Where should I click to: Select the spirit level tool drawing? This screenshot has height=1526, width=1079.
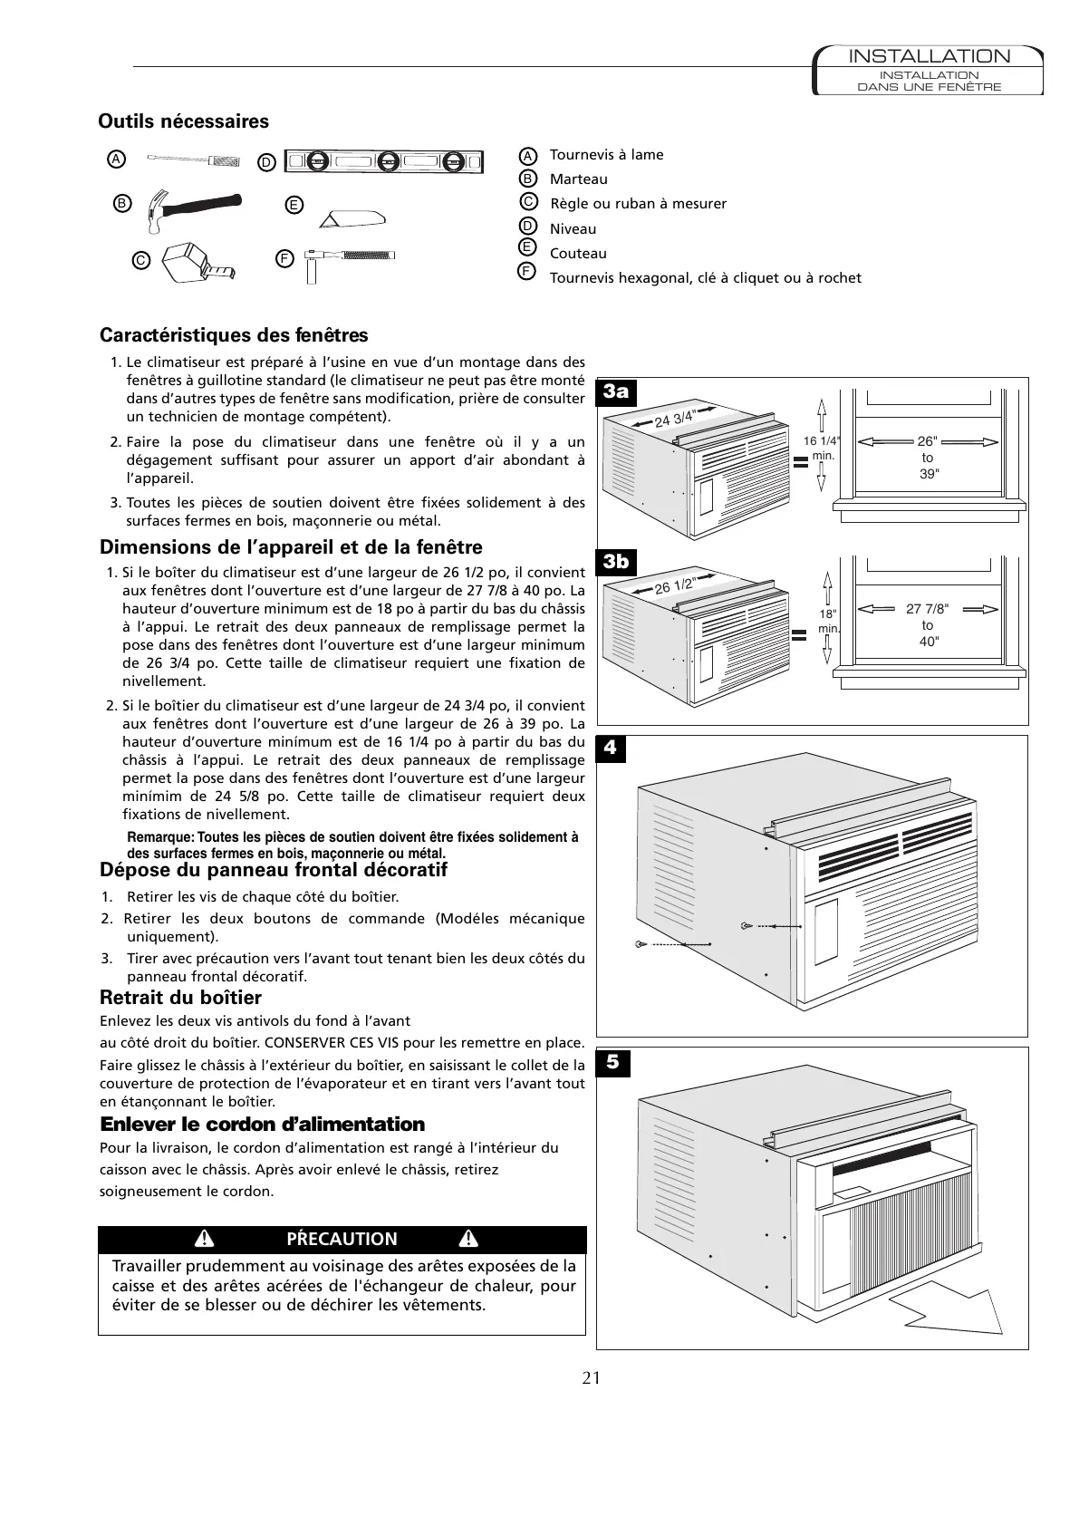385,161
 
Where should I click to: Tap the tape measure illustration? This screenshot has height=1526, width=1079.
197,263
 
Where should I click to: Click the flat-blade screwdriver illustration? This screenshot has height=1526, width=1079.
194,160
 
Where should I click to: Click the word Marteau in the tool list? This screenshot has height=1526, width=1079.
578,179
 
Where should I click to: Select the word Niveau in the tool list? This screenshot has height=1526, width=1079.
573,229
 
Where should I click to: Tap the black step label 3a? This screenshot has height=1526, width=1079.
616,391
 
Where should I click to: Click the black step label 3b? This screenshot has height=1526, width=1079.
616,562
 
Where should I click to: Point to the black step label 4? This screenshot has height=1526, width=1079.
611,748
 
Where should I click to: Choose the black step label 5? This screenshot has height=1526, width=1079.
612,1061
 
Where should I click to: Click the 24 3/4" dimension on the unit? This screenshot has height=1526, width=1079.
674,419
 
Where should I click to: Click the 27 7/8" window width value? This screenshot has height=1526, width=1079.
928,609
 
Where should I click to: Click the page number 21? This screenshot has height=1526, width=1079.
591,1378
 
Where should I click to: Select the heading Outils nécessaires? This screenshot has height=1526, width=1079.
183,121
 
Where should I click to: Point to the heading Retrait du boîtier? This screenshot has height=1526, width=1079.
180,998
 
